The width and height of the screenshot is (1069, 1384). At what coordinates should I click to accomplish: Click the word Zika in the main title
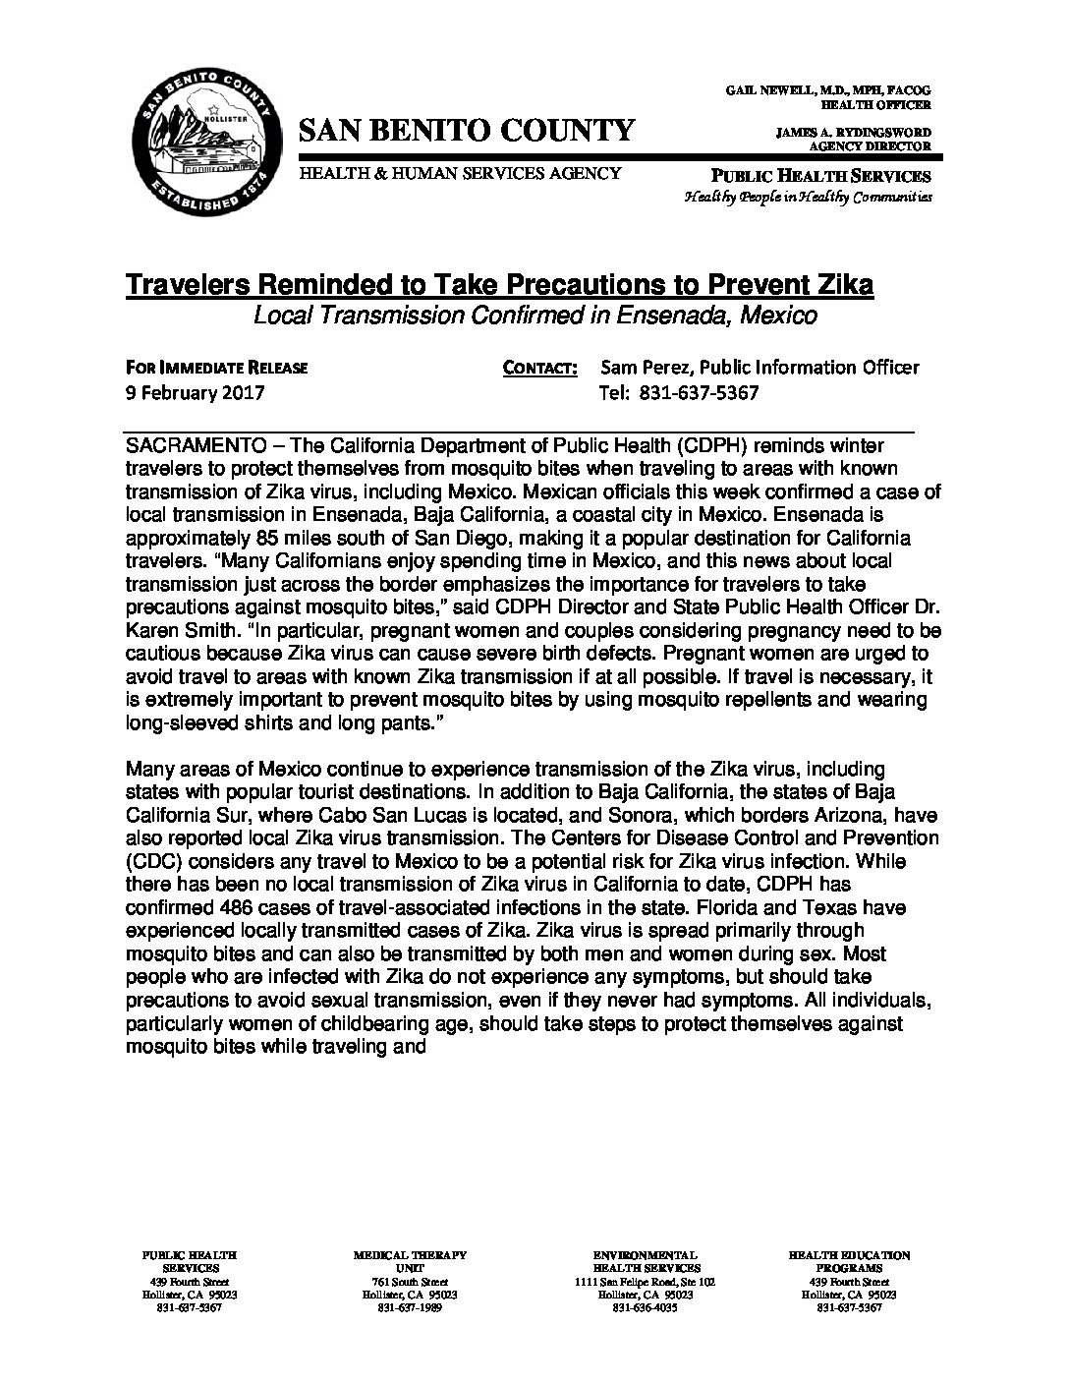838,286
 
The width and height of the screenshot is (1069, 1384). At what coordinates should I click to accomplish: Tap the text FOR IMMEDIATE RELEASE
217,369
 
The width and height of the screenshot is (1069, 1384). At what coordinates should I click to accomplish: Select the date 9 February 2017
195,393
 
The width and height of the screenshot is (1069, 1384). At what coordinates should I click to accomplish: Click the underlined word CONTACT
538,369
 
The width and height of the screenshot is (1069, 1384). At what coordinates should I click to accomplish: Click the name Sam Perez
642,368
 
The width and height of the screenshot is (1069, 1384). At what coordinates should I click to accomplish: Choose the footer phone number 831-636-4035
645,1308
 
